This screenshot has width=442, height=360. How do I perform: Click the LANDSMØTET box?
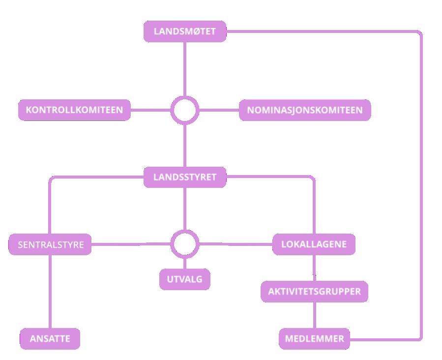coord(185,31)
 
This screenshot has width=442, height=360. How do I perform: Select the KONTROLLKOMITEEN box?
coord(74,110)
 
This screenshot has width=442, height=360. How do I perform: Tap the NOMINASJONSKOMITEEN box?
coord(305,110)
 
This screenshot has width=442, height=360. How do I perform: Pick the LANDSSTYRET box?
coord(185,177)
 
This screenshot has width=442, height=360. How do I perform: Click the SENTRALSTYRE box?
coord(50,244)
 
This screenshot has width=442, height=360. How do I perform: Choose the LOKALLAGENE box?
coord(314,244)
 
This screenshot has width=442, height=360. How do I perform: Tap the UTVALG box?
coord(185,279)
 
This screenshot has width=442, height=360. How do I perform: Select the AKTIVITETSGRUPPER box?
coord(314,292)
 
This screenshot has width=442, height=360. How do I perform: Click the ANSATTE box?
coord(50,339)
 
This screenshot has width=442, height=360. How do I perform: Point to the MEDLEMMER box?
coord(314,339)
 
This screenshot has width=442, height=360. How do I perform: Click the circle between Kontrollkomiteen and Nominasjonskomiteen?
coord(185,110)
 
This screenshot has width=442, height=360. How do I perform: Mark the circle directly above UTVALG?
coord(185,244)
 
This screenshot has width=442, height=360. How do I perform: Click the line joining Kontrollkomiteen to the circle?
coord(150,110)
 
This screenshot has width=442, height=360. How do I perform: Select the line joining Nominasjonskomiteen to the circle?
coord(219,110)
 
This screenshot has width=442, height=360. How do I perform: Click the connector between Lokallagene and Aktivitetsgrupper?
coord(314,268)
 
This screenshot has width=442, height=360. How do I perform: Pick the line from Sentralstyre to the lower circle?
coord(131,244)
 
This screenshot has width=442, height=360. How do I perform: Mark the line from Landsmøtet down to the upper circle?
coord(185,69)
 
